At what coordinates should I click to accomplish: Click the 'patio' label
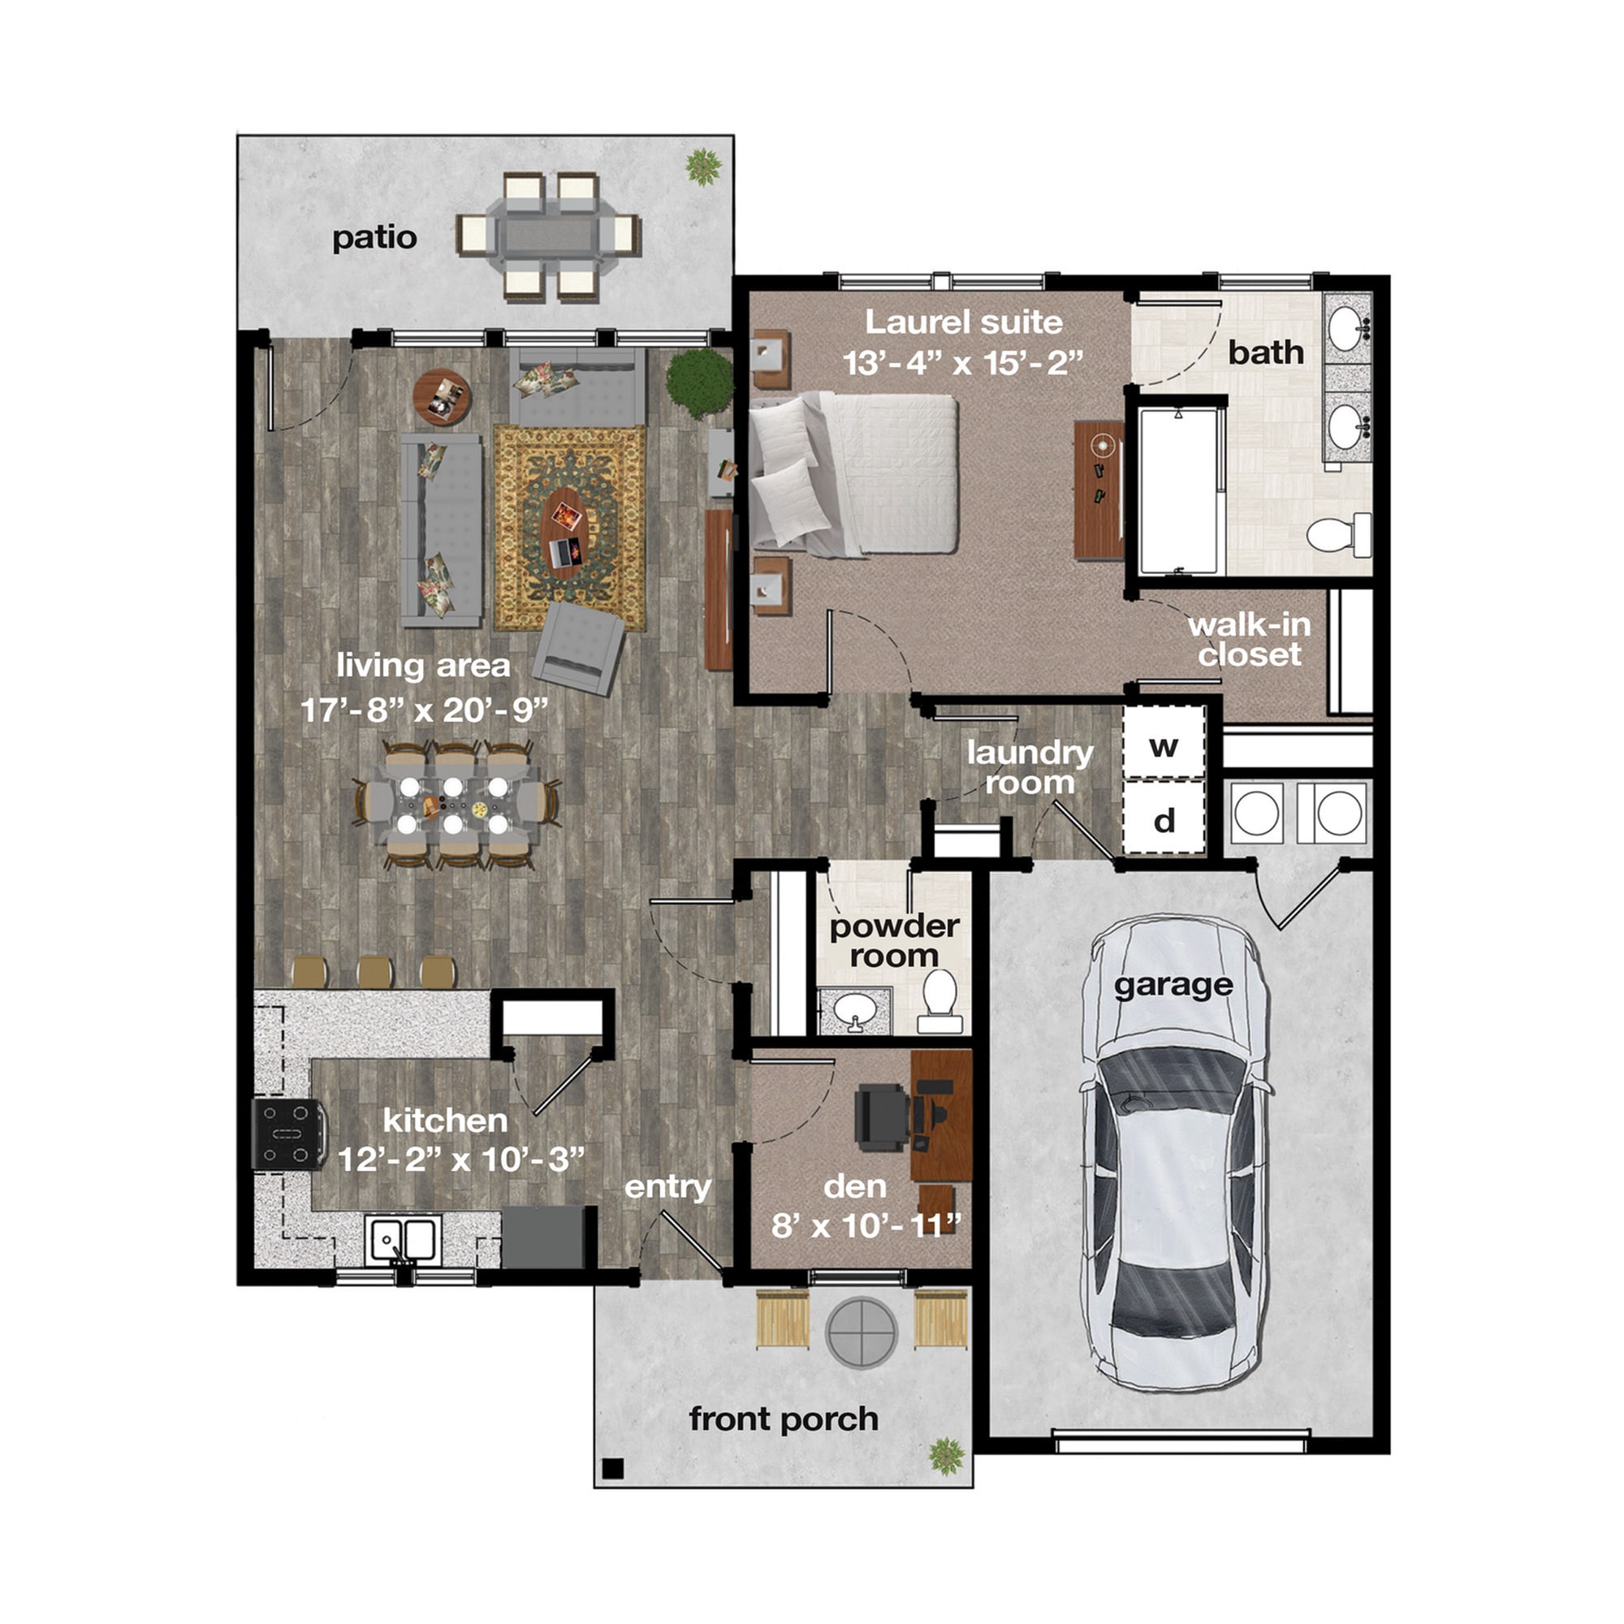pos(374,238)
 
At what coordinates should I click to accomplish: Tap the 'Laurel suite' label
pos(963,322)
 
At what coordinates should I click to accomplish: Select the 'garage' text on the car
pos(1173,985)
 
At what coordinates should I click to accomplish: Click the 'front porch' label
pos(784,1419)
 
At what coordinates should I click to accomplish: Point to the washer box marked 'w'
pos(1164,744)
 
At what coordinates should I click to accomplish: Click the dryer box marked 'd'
pos(1164,818)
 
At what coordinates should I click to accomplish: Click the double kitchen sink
pos(404,1239)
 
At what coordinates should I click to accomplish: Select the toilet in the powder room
pos(939,1000)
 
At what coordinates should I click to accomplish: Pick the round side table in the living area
pos(443,397)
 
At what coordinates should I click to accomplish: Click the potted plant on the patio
pos(702,166)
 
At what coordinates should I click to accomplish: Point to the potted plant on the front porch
pos(948,1454)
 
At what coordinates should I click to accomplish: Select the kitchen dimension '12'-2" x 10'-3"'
pos(460,1160)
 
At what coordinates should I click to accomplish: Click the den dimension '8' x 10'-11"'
pos(866,1225)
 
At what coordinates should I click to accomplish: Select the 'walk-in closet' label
pos(1249,639)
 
